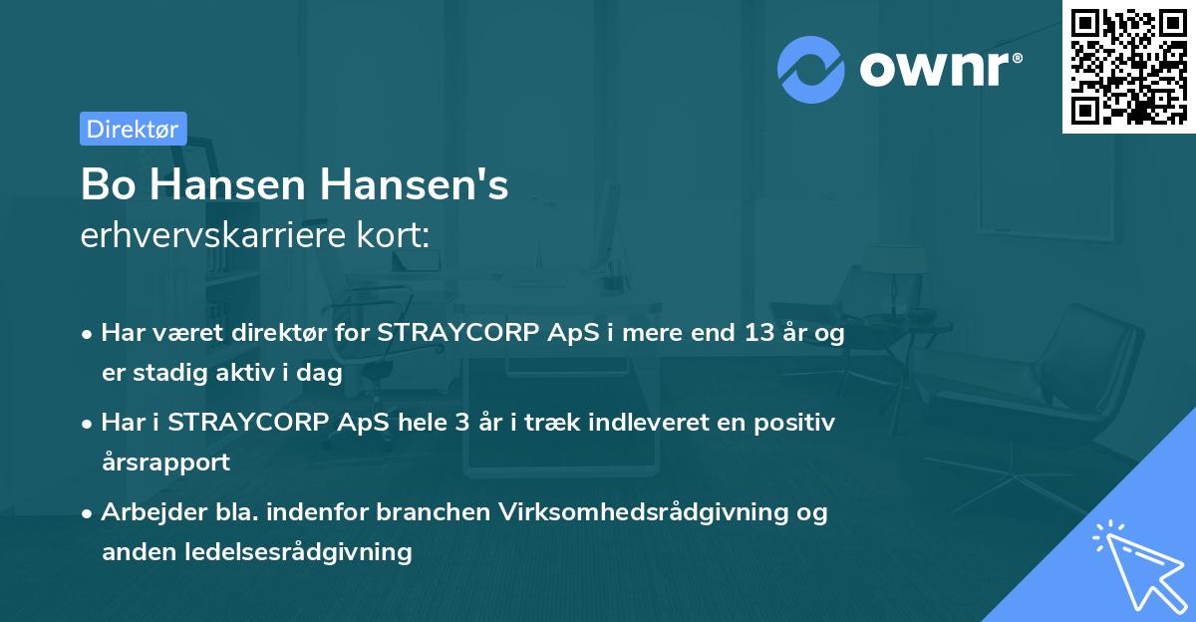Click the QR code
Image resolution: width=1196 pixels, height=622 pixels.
coord(1127,66)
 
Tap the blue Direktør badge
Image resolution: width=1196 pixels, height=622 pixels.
coord(133,129)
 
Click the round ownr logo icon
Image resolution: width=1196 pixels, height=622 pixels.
coord(811,69)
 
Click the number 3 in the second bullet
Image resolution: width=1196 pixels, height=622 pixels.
coord(461,423)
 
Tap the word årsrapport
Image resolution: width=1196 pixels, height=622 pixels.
coord(165,463)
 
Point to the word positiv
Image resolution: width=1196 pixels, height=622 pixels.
coord(796,423)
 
